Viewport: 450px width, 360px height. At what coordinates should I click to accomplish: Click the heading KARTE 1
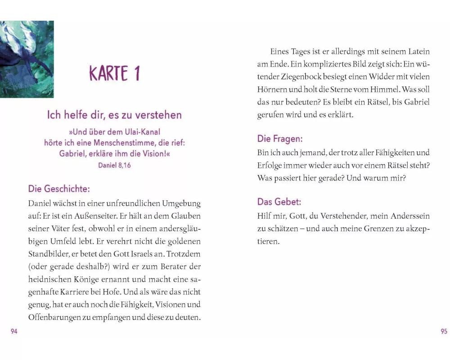point(114,73)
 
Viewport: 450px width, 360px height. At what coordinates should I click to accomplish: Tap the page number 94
point(13,332)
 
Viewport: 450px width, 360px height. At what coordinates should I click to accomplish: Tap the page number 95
point(444,332)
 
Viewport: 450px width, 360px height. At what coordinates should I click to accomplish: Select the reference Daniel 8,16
point(114,165)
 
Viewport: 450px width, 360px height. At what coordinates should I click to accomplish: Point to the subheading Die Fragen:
point(280,139)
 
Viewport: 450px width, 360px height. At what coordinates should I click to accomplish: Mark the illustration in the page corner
point(27,58)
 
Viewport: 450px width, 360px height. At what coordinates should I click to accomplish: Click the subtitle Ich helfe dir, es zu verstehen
point(114,115)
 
